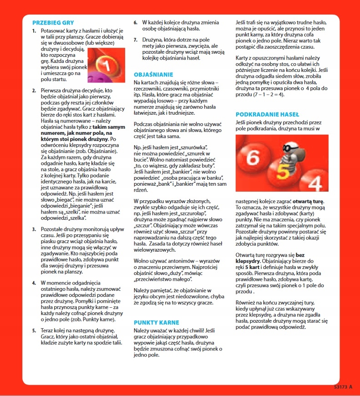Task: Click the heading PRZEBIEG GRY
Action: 53,22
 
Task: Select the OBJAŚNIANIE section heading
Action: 154,74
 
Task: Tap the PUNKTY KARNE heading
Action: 157,322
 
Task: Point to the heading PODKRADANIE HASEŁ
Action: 267,114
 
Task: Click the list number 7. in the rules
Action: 135,40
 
